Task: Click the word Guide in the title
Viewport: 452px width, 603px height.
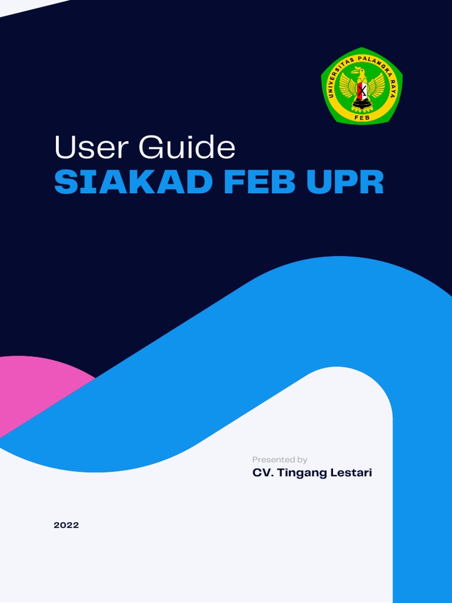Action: (187, 148)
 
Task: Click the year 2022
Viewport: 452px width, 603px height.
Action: (66, 525)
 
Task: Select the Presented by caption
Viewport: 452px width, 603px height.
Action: (280, 459)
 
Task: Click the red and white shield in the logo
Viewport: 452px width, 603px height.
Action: (361, 90)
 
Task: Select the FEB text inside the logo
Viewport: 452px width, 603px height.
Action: (362, 117)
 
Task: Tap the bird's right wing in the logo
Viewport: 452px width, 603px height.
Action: (375, 87)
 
